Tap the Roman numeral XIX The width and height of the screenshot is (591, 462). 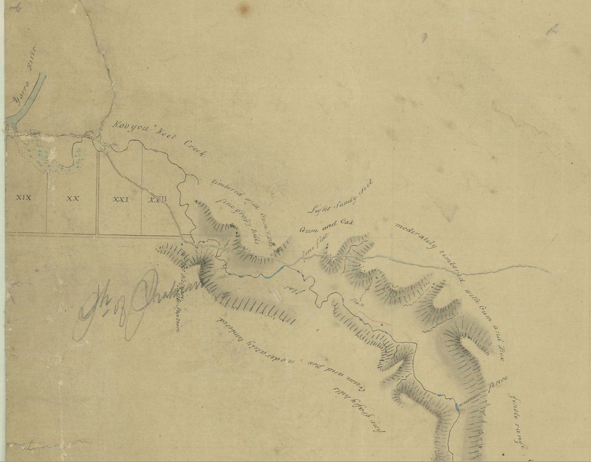click(24, 198)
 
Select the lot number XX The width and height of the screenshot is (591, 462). click(72, 198)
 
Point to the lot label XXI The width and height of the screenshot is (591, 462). click(120, 199)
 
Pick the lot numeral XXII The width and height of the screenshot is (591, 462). click(157, 199)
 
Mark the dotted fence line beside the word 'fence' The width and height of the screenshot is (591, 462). click(472, 400)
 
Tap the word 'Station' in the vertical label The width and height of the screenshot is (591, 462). click(179, 316)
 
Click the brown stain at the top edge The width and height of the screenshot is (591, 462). click(246, 8)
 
